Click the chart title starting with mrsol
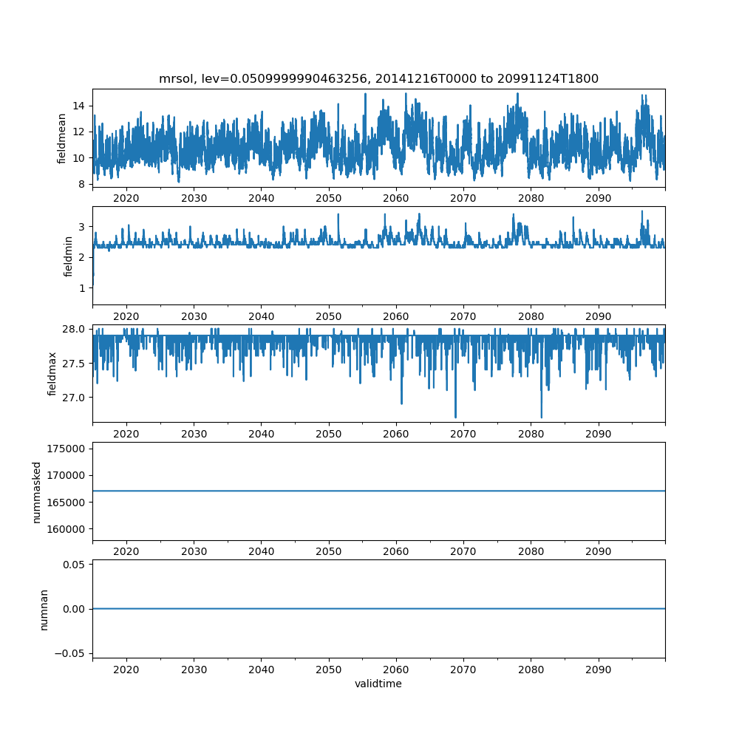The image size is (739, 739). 378,78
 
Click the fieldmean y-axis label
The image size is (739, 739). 62,138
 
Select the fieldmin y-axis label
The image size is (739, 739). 68,256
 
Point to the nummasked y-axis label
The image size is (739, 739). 36,491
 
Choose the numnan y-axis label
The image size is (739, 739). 44,609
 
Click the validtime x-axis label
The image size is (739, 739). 378,684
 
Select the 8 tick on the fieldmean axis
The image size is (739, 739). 84,184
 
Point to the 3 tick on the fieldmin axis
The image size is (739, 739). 84,226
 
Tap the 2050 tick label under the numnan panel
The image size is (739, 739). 329,669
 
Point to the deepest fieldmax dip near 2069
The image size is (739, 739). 455,416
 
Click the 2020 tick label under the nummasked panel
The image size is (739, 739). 126,551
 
